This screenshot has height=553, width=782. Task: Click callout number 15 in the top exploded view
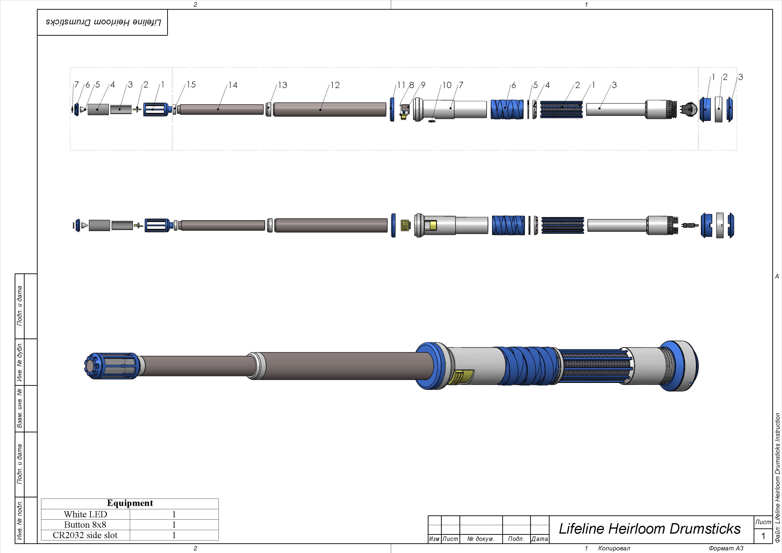[191, 85]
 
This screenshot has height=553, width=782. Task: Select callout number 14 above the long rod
[233, 85]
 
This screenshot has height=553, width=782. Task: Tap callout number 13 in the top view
[283, 85]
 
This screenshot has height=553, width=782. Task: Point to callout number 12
[335, 85]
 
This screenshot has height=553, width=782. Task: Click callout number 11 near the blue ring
[401, 85]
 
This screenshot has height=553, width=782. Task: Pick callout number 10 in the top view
[447, 85]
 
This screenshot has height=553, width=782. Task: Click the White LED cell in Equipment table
[86, 514]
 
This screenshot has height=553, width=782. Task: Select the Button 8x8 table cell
[86, 525]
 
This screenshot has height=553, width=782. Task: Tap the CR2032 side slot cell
[86, 535]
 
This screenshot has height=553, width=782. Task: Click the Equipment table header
[130, 503]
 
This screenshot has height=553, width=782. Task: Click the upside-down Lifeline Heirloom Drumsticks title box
[103, 22]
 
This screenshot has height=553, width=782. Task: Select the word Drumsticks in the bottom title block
[705, 529]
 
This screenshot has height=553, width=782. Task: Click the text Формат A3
[726, 548]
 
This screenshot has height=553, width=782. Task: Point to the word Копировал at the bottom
[614, 548]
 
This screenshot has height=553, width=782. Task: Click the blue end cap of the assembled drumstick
[679, 366]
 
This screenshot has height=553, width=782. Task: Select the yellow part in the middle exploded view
[405, 225]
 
